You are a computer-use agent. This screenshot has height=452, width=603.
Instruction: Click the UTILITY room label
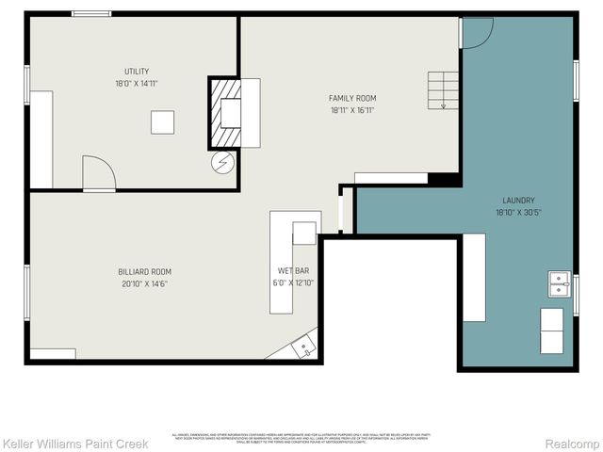137,72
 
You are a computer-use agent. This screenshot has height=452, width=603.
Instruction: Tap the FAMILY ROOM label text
352,98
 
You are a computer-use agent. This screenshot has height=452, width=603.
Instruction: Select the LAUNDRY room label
518,201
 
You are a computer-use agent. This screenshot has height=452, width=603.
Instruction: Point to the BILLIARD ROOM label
146,272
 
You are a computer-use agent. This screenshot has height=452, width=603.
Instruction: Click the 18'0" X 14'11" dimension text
137,84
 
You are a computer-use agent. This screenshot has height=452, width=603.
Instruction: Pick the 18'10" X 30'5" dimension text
518,213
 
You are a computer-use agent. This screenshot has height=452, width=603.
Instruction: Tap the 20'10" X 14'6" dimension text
146,284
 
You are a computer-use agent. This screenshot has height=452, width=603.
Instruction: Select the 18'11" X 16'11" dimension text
352,110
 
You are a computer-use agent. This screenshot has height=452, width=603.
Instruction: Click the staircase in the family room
442,89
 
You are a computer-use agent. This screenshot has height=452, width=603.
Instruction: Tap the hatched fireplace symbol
225,113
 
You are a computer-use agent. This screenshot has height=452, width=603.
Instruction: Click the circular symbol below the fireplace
223,163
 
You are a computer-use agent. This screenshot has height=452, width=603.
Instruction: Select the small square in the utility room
162,122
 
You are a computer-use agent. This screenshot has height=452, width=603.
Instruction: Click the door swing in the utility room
98,173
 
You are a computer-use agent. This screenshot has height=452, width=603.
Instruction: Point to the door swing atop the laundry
477,33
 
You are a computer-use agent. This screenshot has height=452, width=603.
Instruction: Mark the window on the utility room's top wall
91,13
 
